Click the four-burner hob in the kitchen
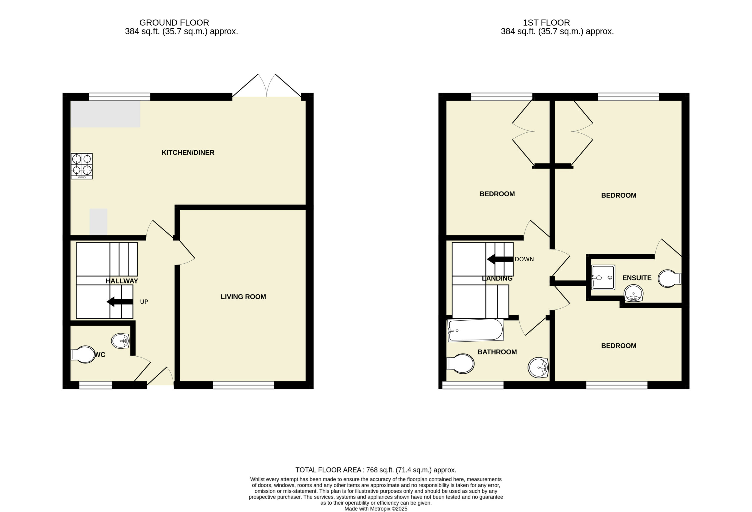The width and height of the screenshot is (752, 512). click(x=82, y=166)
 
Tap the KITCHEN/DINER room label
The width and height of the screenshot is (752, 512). click(x=188, y=153)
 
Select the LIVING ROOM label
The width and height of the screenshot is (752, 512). click(x=243, y=297)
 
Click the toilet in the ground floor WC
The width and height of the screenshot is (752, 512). click(x=83, y=355)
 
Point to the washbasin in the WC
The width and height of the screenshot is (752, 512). click(x=120, y=341)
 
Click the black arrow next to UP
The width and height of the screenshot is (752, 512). click(x=120, y=302)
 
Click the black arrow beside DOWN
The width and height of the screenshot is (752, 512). click(x=500, y=259)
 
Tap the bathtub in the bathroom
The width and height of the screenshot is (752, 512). click(x=475, y=330)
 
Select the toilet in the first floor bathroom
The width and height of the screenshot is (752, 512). click(x=460, y=364)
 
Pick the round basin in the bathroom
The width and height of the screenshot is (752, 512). click(x=538, y=368)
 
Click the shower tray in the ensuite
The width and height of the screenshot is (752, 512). click(x=603, y=277)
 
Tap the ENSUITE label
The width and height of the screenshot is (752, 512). click(x=637, y=278)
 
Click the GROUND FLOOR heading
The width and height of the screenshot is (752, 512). click(x=174, y=23)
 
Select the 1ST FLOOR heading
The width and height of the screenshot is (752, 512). click(x=547, y=23)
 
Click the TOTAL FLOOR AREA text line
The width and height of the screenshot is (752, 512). click(x=376, y=470)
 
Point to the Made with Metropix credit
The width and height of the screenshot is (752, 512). click(x=376, y=509)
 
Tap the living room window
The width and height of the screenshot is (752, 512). click(x=244, y=385)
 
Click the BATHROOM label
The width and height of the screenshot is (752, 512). click(x=497, y=352)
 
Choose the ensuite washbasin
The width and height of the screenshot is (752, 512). click(x=634, y=293)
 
